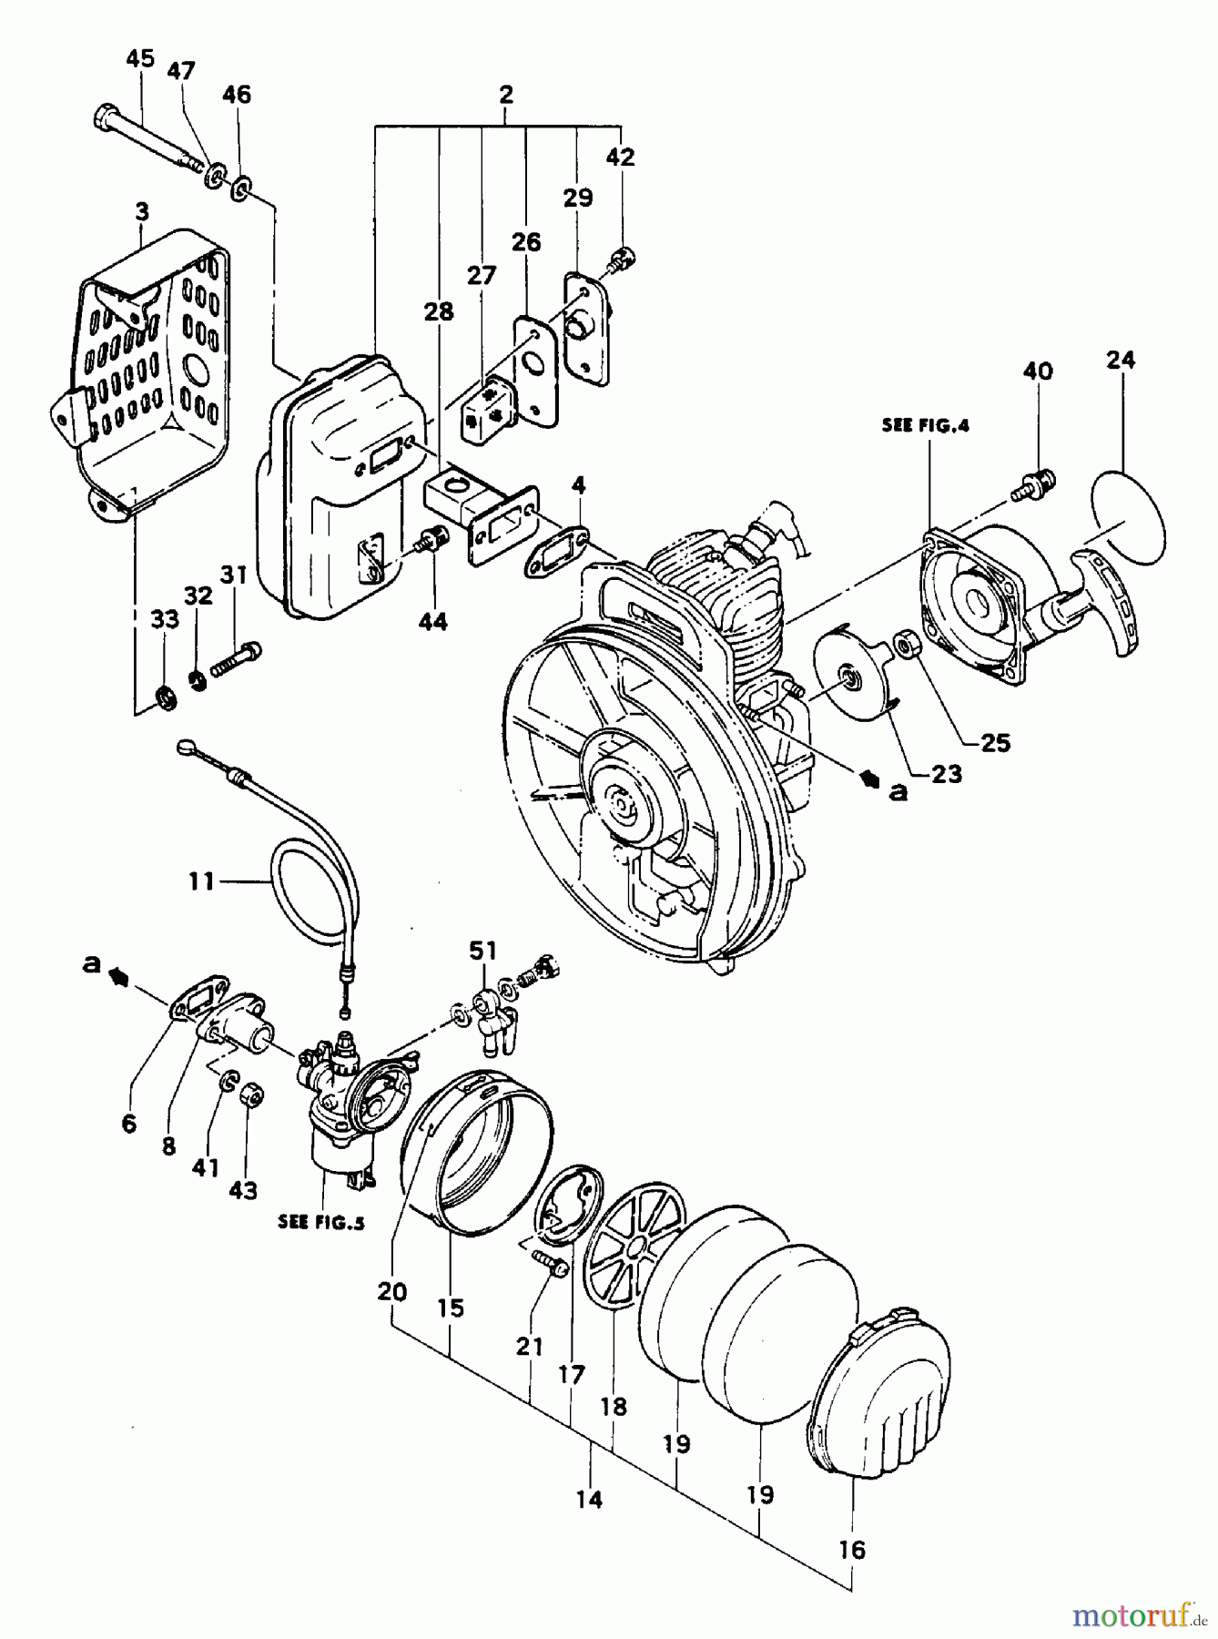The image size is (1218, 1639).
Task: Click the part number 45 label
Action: (139, 59)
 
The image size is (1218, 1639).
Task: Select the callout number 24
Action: (1121, 360)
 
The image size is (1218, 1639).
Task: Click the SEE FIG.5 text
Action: (321, 1223)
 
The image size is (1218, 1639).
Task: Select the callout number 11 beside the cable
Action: (203, 881)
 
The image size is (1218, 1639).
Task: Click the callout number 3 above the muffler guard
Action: (142, 212)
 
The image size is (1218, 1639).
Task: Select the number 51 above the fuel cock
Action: (483, 951)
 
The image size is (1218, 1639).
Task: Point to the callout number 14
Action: (590, 1499)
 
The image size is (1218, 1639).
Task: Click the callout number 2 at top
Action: (506, 94)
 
